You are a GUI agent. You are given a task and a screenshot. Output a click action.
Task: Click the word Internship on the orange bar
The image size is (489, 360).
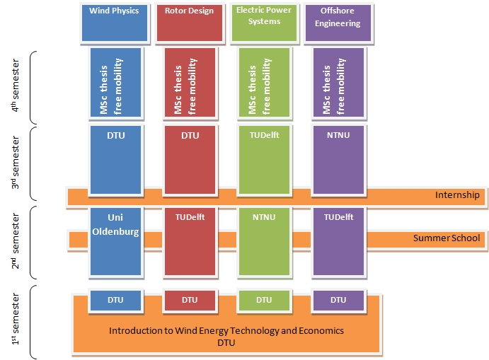click(457, 195)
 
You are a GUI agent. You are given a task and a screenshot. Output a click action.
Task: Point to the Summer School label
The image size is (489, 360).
click(447, 238)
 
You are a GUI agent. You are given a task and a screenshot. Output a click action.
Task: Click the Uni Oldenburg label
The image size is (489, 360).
click(115, 226)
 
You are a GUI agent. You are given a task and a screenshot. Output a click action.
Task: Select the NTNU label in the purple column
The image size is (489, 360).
click(338, 135)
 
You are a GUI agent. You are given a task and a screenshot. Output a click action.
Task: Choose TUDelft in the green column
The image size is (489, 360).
click(264, 135)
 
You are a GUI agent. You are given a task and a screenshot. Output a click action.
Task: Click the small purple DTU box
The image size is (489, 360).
click(338, 300)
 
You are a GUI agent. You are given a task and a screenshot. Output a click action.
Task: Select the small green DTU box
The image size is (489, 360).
click(264, 300)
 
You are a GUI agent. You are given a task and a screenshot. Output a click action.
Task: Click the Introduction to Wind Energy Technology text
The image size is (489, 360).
click(226, 330)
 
